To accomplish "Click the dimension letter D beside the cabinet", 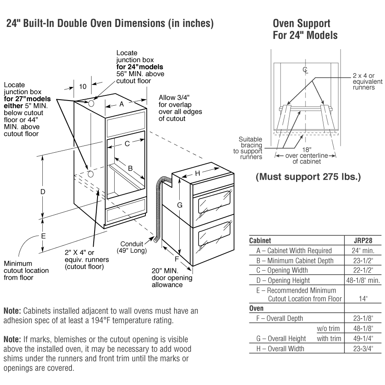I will coord(43,192).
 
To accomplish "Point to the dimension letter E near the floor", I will coord(43,236).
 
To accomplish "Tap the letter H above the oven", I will coord(198,173).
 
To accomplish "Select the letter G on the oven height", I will coord(180,205).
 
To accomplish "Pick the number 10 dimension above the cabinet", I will coord(83,86).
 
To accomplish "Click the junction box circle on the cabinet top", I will coord(92,103).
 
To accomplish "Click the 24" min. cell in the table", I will coord(363,251).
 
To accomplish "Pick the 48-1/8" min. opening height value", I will coord(363,280).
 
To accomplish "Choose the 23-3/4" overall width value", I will coord(363,349).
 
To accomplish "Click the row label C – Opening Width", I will coord(282,270).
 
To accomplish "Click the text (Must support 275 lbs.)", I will coord(308,177).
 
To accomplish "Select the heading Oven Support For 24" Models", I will coord(305,29).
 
